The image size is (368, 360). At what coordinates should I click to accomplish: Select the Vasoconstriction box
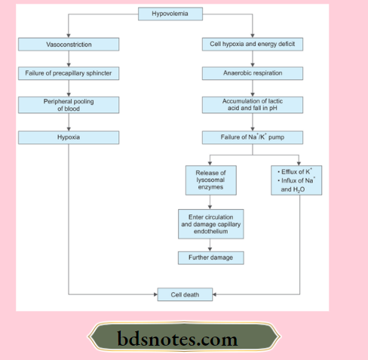tap(68, 45)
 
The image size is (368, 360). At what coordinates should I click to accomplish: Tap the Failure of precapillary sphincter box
tap(68, 73)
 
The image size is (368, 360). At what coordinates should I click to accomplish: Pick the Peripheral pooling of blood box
tap(68, 105)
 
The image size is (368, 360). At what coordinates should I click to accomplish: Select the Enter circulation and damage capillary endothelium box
tap(211, 224)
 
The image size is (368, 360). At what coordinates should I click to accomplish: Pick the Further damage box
tap(211, 258)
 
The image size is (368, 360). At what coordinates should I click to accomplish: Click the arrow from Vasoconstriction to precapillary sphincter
tap(68, 59)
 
